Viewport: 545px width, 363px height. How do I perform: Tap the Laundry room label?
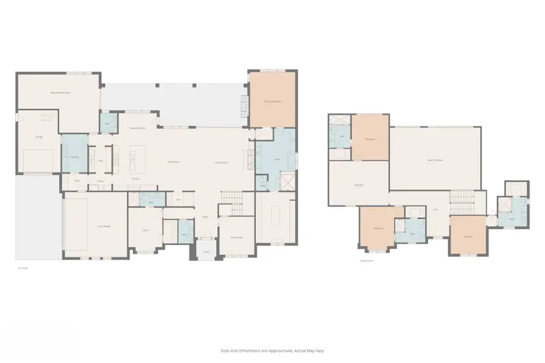pos(74,157)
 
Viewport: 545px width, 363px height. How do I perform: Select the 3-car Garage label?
pos(104,226)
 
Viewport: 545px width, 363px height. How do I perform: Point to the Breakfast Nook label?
pos(139,128)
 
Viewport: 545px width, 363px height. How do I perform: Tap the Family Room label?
pos(221,162)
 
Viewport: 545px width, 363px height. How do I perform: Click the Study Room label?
pos(236,238)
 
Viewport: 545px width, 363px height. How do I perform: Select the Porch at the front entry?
pos(206,251)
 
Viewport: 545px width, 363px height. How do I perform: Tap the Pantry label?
pos(101,181)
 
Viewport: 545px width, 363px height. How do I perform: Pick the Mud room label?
pos(77,181)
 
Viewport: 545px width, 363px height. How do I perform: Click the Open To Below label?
pos(435,160)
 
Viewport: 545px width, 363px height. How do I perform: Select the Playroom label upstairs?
pos(358,185)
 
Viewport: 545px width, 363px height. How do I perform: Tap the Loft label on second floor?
pos(435,210)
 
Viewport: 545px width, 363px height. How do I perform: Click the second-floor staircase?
pos(461,200)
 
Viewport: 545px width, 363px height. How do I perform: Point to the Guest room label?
pos(145,231)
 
